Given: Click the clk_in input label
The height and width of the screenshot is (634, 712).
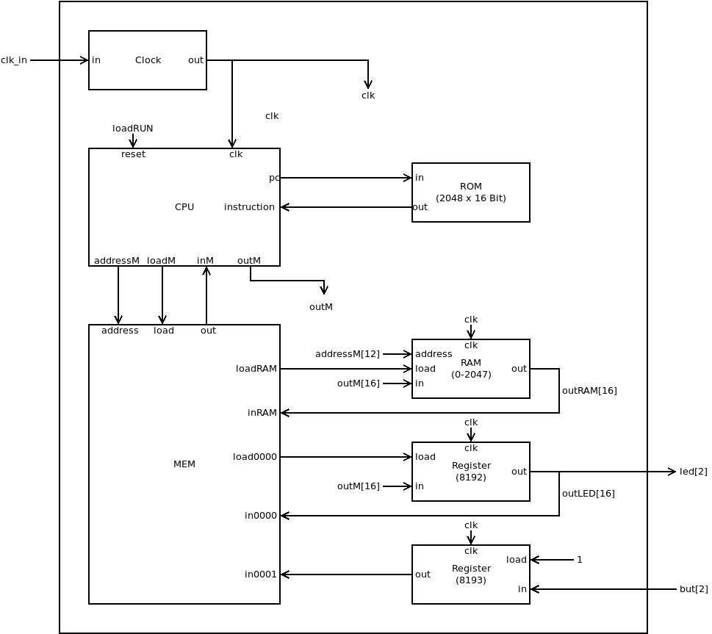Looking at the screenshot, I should [14, 60].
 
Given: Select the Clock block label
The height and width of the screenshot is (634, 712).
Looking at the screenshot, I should [148, 60].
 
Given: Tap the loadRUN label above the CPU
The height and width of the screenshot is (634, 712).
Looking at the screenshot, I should [133, 129].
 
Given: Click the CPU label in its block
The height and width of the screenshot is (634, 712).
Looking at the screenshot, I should [184, 207].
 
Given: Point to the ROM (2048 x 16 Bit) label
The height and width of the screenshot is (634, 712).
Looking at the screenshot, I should [471, 192].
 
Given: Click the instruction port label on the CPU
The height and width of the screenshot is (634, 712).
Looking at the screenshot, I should [249, 207].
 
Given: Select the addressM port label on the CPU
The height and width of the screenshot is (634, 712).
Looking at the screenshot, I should [117, 261].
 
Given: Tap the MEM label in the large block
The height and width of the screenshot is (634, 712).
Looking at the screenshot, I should [184, 464].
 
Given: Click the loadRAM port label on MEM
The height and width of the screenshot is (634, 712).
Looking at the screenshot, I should [256, 369].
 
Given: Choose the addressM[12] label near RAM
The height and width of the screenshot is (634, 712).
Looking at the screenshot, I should [348, 354].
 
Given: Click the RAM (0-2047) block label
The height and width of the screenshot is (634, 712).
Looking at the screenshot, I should [471, 369].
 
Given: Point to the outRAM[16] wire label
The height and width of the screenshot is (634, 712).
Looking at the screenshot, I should [589, 391].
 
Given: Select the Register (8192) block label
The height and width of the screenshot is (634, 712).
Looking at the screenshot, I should [471, 472].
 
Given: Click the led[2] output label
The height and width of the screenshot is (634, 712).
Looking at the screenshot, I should [693, 472].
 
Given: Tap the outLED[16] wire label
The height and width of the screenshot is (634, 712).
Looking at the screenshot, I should [589, 494].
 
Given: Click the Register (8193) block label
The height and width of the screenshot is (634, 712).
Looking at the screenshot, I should [471, 574].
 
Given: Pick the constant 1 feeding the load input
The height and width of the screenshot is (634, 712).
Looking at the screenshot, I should [580, 560].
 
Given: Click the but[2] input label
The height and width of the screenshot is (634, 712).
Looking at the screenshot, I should [694, 589].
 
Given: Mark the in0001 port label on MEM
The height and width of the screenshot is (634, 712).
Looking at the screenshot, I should [261, 574].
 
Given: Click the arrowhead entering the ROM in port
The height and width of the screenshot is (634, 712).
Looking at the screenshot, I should [408, 178].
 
